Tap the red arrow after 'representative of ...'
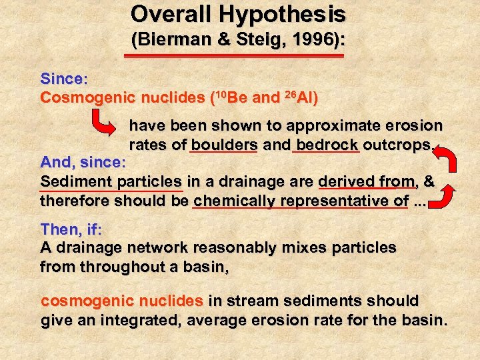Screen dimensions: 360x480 (x=447, y=195)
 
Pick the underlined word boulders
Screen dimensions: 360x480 (x=223, y=145)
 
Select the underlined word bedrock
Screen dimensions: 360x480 (x=327, y=145)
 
